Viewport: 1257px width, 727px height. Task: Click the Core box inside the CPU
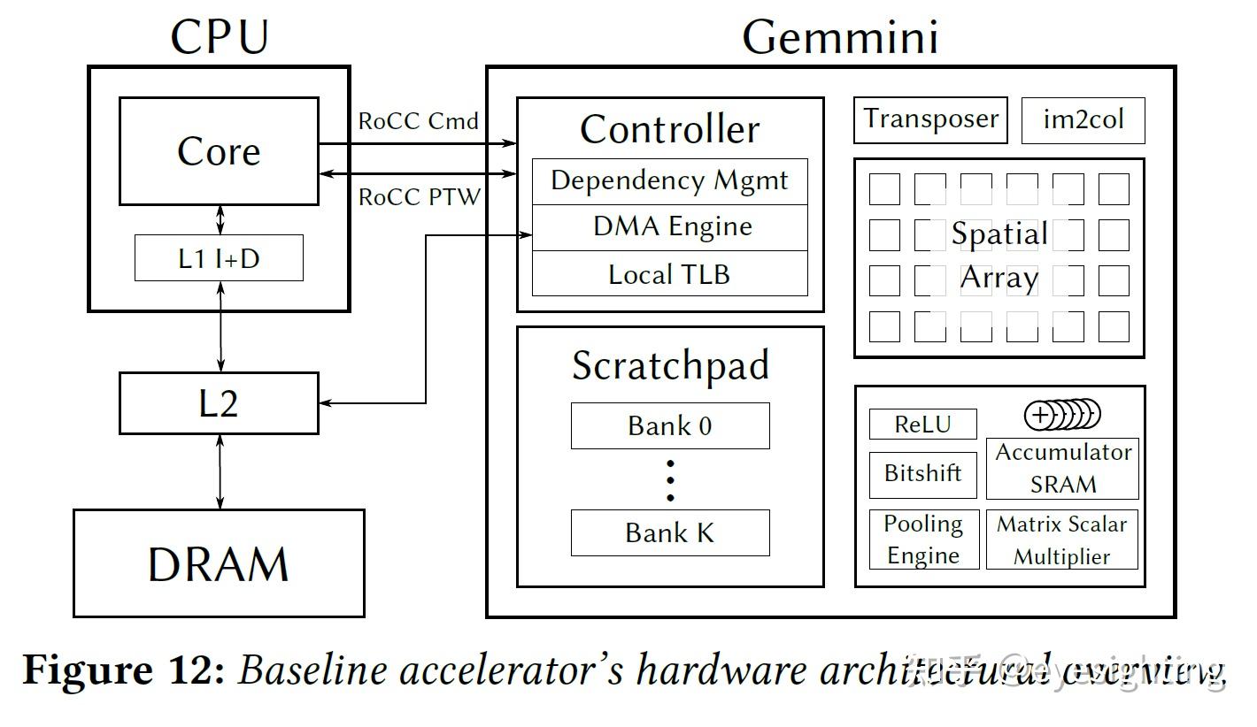pyautogui.click(x=219, y=151)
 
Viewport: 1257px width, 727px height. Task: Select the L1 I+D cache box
pyautogui.click(x=219, y=258)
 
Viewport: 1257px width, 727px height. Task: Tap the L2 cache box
pyautogui.click(x=219, y=403)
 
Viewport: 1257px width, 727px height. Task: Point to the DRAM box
pyautogui.click(x=219, y=563)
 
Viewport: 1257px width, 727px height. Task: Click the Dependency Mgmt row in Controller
pyautogui.click(x=669, y=181)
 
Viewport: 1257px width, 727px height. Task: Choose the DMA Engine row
pyautogui.click(x=669, y=227)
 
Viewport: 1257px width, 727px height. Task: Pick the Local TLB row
pyautogui.click(x=669, y=273)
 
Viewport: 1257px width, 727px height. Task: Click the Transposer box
pyautogui.click(x=930, y=120)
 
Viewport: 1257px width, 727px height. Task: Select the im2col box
pyautogui.click(x=1083, y=120)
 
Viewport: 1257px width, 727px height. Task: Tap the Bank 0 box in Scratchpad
pyautogui.click(x=669, y=425)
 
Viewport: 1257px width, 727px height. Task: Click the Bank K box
pyautogui.click(x=669, y=532)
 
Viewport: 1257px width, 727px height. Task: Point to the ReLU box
pyautogui.click(x=922, y=424)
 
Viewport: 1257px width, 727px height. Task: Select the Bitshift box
pyautogui.click(x=922, y=473)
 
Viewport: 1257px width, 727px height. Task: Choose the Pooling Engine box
pyautogui.click(x=923, y=539)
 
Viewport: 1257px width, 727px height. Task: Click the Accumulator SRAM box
pyautogui.click(x=1062, y=468)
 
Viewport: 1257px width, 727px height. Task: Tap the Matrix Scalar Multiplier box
pyautogui.click(x=1061, y=539)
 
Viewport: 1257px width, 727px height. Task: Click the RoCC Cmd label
pyautogui.click(x=418, y=121)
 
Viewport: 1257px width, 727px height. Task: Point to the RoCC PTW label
pyautogui.click(x=419, y=196)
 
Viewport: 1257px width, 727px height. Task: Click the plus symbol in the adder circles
pyautogui.click(x=1041, y=414)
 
